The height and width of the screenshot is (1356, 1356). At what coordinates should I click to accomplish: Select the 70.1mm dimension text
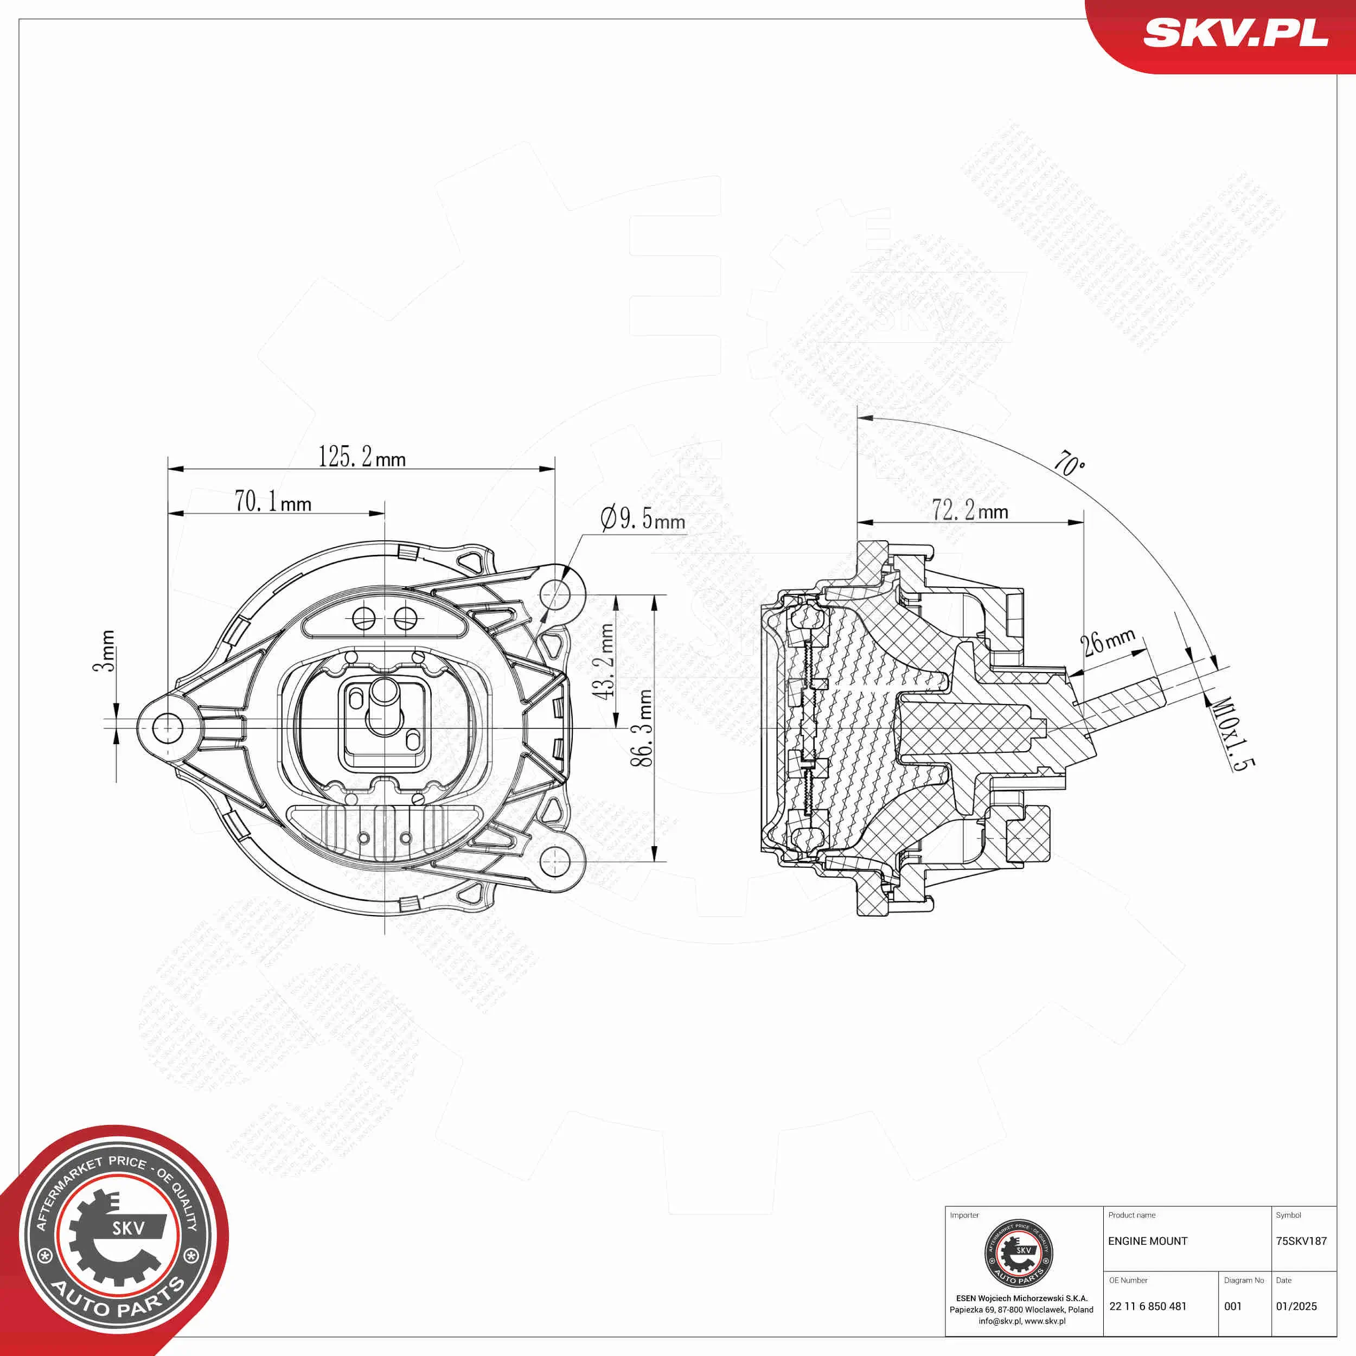273,502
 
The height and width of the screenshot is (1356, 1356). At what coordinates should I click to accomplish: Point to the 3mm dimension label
104,651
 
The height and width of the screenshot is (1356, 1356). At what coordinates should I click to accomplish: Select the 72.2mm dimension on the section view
969,510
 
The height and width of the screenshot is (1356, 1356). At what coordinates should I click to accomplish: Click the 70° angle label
1070,463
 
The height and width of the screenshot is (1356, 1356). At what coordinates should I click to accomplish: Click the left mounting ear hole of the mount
167,728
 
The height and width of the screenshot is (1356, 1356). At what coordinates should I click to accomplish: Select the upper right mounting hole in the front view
554,594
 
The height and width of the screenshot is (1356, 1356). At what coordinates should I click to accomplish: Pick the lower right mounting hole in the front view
554,861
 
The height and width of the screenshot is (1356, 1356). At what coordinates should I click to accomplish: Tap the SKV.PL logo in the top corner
1235,33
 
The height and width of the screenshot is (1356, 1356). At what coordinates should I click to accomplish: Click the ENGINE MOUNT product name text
1148,1241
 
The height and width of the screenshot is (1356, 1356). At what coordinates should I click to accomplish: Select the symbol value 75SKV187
1301,1241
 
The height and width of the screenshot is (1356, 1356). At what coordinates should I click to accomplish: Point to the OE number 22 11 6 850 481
1148,1306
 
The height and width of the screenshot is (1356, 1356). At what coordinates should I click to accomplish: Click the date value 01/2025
1296,1306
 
